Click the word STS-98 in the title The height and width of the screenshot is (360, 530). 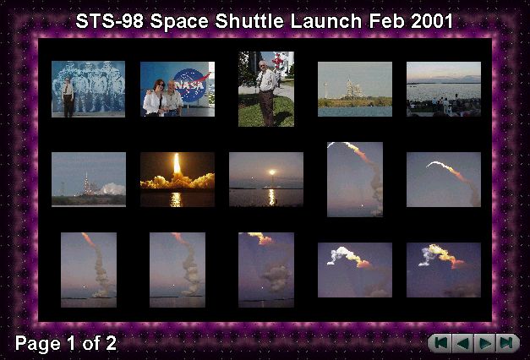click(x=110, y=21)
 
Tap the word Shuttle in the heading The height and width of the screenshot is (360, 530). click(x=249, y=21)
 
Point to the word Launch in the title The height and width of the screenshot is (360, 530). click(x=326, y=21)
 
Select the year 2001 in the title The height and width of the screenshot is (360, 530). click(x=432, y=21)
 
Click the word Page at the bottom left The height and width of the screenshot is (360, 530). click(x=37, y=344)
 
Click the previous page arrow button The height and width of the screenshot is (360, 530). click(x=462, y=343)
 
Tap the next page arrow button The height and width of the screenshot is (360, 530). click(x=484, y=343)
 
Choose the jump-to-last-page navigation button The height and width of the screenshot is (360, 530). click(x=507, y=343)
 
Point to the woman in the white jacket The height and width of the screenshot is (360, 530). click(x=154, y=98)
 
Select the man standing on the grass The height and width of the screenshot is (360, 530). click(x=267, y=92)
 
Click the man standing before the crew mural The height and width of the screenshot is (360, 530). click(x=68, y=97)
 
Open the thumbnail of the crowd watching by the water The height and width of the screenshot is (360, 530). click(x=444, y=90)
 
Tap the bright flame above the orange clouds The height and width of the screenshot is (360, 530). click(x=177, y=164)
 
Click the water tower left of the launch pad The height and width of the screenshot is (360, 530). click(x=325, y=90)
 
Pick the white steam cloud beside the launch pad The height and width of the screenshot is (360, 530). click(x=111, y=189)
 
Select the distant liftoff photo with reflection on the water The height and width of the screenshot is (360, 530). click(x=266, y=179)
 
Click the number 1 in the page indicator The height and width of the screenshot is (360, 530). click(x=71, y=343)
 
